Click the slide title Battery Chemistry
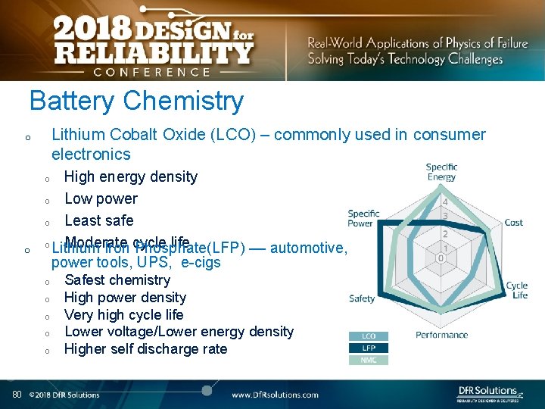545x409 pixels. click(136, 101)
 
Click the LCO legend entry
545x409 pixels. click(369, 336)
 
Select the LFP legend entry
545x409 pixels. click(369, 348)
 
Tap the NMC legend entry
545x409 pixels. click(369, 360)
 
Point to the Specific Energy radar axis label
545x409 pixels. click(441, 172)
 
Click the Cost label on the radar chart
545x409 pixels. click(513, 223)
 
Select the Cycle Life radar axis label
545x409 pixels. click(516, 290)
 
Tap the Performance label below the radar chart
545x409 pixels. click(441, 335)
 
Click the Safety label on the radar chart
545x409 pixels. click(362, 298)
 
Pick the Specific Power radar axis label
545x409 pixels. click(363, 218)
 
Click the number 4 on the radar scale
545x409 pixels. click(445, 202)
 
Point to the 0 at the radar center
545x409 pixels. click(441, 258)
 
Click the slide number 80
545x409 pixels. click(17, 394)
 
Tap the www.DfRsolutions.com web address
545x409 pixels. click(275, 395)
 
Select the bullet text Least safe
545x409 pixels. click(99, 220)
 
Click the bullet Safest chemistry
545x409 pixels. click(117, 280)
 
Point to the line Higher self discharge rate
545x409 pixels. click(145, 349)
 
